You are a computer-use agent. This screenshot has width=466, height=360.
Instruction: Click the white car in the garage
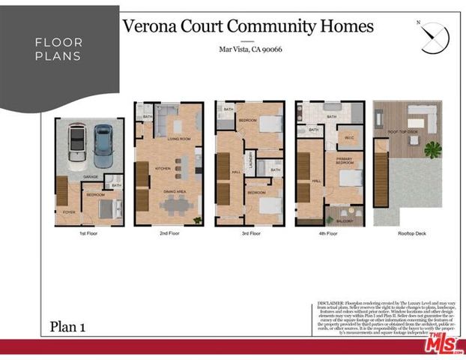point(76,145)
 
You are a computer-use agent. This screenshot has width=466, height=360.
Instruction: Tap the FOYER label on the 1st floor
point(69,212)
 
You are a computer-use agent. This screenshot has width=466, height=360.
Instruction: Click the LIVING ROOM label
point(178,139)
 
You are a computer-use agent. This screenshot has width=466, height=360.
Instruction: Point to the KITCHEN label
point(163,169)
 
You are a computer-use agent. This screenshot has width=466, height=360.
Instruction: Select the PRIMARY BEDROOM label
point(345,162)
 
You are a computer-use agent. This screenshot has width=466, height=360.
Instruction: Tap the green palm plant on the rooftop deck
point(433,148)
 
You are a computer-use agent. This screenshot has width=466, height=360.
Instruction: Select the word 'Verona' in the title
point(151,27)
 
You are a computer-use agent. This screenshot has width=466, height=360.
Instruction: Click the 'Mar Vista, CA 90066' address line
point(249,50)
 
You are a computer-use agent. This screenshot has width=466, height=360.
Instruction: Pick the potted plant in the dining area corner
point(197,220)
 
